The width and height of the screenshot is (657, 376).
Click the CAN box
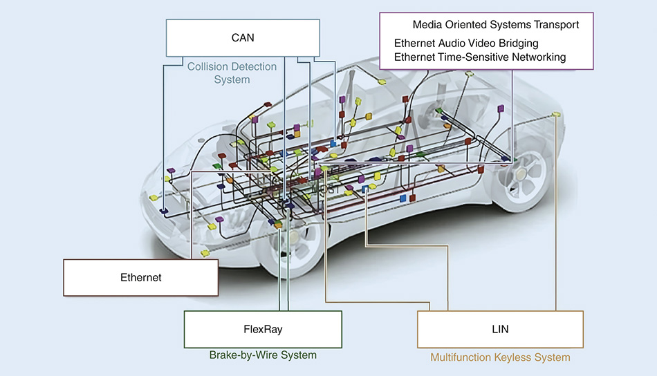pyautogui.click(x=243, y=37)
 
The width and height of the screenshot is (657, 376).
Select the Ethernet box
pyautogui.click(x=140, y=277)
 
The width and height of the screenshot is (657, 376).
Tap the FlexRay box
pyautogui.click(x=263, y=329)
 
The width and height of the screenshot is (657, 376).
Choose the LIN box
pyautogui.click(x=500, y=329)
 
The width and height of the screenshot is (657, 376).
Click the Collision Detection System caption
pyautogui.click(x=232, y=73)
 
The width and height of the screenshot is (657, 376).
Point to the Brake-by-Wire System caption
pyautogui.click(x=263, y=355)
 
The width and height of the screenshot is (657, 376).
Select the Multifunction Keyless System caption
pyautogui.click(x=500, y=357)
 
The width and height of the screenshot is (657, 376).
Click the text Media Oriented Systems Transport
pyautogui.click(x=496, y=25)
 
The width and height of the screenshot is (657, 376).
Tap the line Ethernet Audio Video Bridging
pyautogui.click(x=466, y=44)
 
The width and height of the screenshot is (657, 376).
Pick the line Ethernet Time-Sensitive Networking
pyautogui.click(x=480, y=57)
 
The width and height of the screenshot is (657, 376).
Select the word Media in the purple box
pyautogui.click(x=428, y=25)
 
